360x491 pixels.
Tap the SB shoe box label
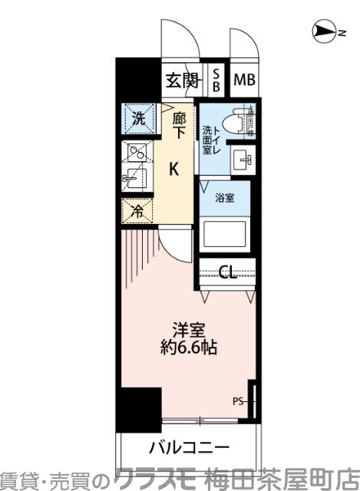tap(216, 80)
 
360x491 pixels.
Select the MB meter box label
tap(244, 80)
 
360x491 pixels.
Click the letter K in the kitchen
tap(175, 169)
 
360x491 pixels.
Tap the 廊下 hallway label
tap(179, 124)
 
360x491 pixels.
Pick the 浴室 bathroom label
tap(224, 196)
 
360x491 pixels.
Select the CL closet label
tap(227, 272)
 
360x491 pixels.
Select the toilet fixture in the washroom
tap(244, 121)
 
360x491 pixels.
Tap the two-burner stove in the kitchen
tap(137, 153)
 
